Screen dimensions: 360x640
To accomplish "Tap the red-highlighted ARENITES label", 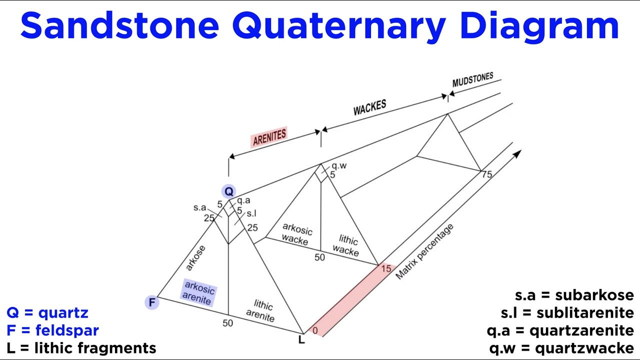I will click(x=269, y=137).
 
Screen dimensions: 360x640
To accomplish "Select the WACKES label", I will click(x=369, y=107).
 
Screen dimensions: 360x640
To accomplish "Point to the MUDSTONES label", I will click(x=472, y=80).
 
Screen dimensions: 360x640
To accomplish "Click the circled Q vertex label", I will click(x=228, y=191).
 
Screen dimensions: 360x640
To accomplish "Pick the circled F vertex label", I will click(x=152, y=302).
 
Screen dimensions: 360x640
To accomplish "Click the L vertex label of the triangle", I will click(x=301, y=340).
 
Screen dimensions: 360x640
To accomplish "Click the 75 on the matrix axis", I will click(x=486, y=174).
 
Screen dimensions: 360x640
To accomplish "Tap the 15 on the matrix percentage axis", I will click(x=386, y=269).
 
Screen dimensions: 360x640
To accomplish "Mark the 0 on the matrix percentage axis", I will click(x=314, y=330).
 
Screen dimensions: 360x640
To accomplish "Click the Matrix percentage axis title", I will click(x=424, y=251).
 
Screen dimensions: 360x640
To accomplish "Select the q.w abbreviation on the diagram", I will click(x=339, y=165).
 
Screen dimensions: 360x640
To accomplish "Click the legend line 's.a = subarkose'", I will click(x=574, y=295).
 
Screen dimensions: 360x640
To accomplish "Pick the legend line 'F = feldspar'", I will click(x=52, y=330).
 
